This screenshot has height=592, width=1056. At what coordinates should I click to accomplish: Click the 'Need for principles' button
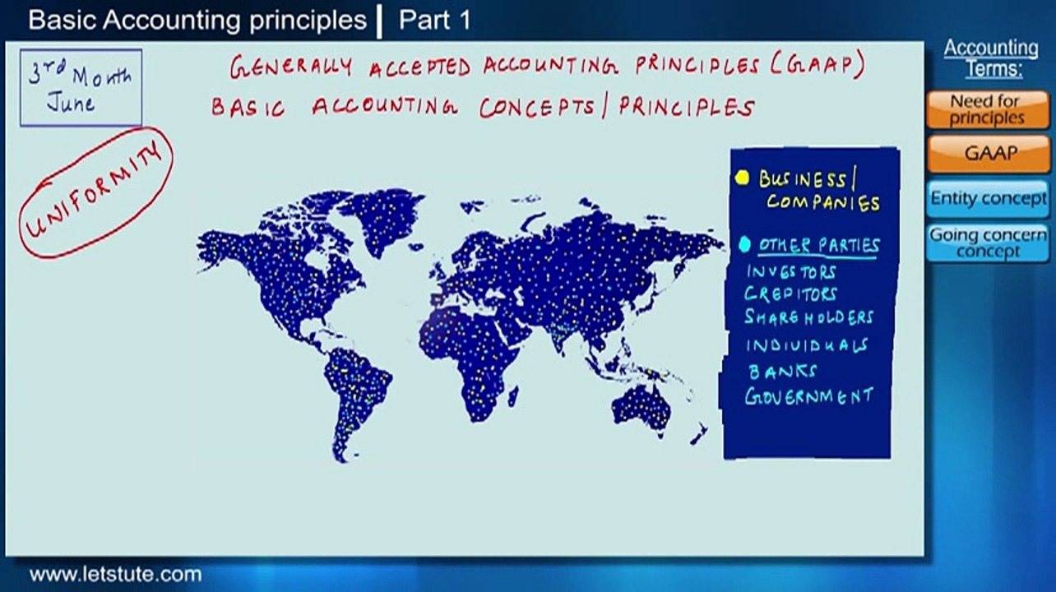coord(988,110)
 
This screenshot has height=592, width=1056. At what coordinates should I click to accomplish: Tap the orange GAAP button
coord(988,154)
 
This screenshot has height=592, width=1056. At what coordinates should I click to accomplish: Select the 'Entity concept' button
coord(988,198)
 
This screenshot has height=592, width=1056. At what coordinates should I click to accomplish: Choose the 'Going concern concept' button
coord(988,243)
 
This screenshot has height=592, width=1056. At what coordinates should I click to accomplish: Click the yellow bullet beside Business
coord(743,178)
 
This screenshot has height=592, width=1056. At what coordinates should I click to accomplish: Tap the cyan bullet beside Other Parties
coord(744,244)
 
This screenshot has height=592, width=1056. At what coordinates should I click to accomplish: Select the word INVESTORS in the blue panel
coord(790,271)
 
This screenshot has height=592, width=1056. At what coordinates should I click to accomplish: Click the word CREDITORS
coord(790,294)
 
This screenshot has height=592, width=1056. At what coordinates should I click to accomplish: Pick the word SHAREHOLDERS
coord(808,317)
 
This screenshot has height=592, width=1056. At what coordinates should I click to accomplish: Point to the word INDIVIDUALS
coord(807,345)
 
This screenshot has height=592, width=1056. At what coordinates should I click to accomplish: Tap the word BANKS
coord(771,372)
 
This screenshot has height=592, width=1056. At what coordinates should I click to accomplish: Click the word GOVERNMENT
coord(808,397)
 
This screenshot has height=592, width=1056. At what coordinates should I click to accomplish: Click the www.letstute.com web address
coord(115,574)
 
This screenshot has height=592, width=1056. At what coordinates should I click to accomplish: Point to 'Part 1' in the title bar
coord(434,21)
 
